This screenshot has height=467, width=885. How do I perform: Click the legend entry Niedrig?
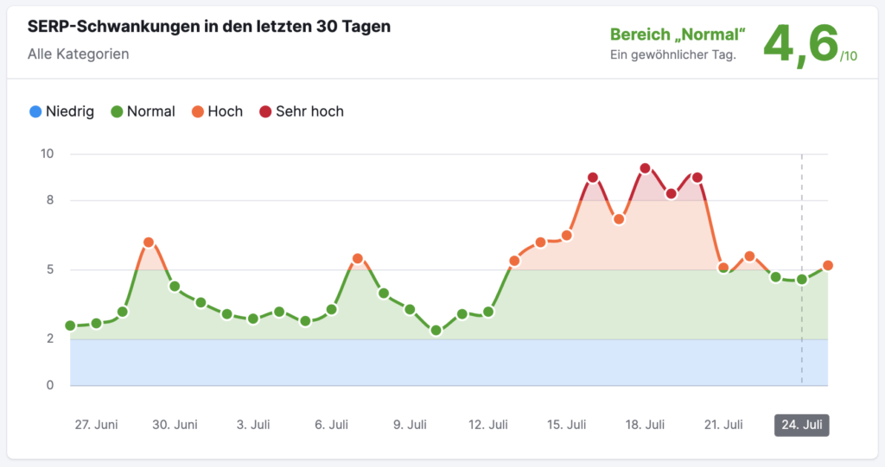(61, 111)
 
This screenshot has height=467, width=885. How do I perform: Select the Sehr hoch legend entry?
(302, 111)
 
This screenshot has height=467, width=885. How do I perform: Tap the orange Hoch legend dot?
(198, 111)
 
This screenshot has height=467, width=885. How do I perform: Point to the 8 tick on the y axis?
(48, 200)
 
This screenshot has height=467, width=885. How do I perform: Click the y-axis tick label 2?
(48, 339)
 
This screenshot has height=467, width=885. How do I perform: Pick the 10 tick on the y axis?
(47, 154)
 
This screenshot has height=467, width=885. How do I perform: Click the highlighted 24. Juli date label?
(801, 425)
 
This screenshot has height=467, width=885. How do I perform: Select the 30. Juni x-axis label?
(175, 425)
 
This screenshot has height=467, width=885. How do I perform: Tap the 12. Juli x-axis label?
(487, 425)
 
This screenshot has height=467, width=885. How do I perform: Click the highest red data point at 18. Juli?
(645, 168)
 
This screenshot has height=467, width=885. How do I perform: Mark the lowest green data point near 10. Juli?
(436, 331)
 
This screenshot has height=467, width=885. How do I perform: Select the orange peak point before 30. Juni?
(149, 243)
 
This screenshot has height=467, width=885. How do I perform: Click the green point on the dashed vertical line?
(802, 280)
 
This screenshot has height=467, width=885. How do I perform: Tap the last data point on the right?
(828, 266)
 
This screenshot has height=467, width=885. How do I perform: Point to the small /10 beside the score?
(848, 57)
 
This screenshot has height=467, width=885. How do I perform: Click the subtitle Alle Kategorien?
(79, 54)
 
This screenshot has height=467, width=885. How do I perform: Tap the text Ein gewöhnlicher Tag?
(672, 54)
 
